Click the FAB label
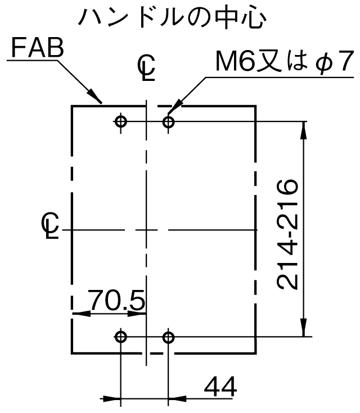(x=38, y=48)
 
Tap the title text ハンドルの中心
(x=173, y=19)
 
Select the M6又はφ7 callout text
(x=285, y=62)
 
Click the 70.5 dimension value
(x=117, y=299)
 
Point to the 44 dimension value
(x=220, y=387)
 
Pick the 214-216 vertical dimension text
(x=287, y=234)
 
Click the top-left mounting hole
(x=121, y=122)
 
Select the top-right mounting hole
(x=168, y=122)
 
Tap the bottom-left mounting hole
(x=121, y=337)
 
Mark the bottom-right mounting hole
(x=168, y=337)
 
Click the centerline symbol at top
(x=146, y=67)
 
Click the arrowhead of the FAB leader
(x=95, y=97)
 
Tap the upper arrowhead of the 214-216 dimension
(x=304, y=130)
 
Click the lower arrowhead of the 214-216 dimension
(x=304, y=328)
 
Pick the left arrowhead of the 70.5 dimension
(x=81, y=314)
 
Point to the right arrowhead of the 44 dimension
(x=177, y=398)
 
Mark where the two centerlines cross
(x=146, y=230)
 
